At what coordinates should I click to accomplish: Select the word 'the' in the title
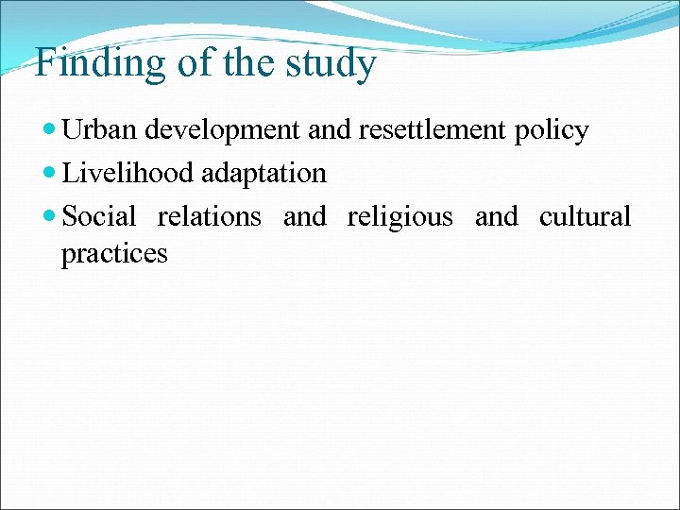pos(247,63)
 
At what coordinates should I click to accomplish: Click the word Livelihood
pos(127,174)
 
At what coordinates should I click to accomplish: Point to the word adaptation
pos(263,175)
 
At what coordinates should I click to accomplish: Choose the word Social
pos(99,216)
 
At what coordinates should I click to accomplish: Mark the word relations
pos(209,216)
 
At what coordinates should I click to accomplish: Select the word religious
pos(400,218)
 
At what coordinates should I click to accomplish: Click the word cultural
pos(585,216)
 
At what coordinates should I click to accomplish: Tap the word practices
pos(114,254)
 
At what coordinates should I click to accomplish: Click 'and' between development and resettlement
pos(329,130)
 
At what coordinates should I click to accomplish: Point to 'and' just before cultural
pos(497,216)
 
